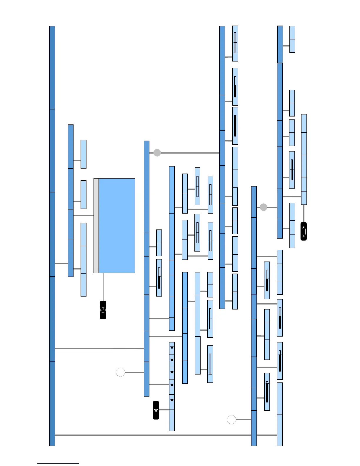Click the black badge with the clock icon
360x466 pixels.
pos(103,310)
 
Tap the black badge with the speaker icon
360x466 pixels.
pos(156,410)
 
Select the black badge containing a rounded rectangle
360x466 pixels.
pos(304,232)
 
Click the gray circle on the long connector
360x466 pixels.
pos(157,153)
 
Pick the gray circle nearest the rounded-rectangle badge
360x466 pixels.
pos(264,207)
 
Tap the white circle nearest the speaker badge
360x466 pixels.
pos(120,372)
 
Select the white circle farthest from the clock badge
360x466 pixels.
pos(231,420)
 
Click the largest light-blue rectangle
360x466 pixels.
pos(117,226)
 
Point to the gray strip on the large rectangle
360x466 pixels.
pos(96,226)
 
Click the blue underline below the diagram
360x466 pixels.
pos(58,464)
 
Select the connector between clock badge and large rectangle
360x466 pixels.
pos(103,287)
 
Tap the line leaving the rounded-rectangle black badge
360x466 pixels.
pos(304,213)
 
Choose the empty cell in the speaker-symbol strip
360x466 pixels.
pos(172,420)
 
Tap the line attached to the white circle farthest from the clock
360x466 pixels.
pos(244,420)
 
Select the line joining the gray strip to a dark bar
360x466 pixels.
pos(84,215)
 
